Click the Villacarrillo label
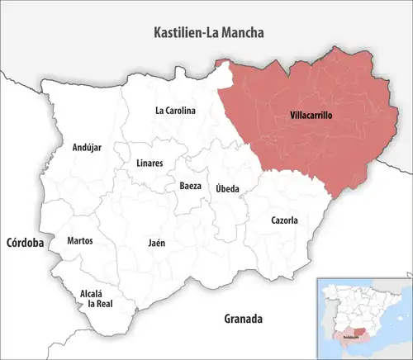311,116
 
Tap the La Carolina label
175,110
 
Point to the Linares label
149,163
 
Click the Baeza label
190,186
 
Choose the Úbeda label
227,188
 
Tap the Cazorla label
284,220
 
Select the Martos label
79,240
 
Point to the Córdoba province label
25,243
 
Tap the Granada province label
243,318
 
